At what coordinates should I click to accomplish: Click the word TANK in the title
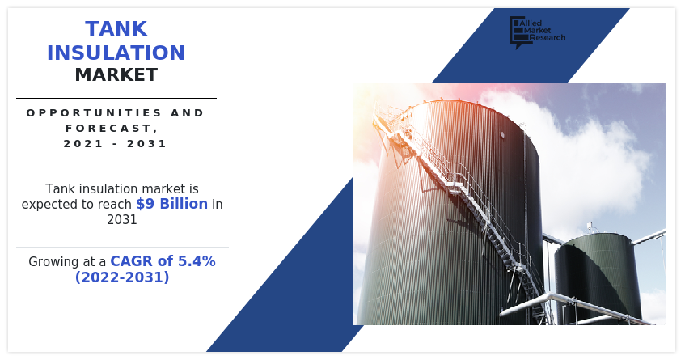[116, 29]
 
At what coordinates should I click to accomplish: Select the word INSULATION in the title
[116, 53]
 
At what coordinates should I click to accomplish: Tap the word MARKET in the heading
[116, 76]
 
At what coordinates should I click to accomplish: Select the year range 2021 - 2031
[116, 144]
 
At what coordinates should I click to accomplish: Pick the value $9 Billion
[171, 204]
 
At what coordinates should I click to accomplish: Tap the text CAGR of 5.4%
[163, 261]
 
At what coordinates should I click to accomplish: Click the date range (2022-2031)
[122, 277]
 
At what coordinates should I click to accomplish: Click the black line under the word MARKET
[116, 98]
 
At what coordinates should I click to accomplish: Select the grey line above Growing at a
[122, 247]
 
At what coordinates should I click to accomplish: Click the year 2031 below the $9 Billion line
[121, 219]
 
